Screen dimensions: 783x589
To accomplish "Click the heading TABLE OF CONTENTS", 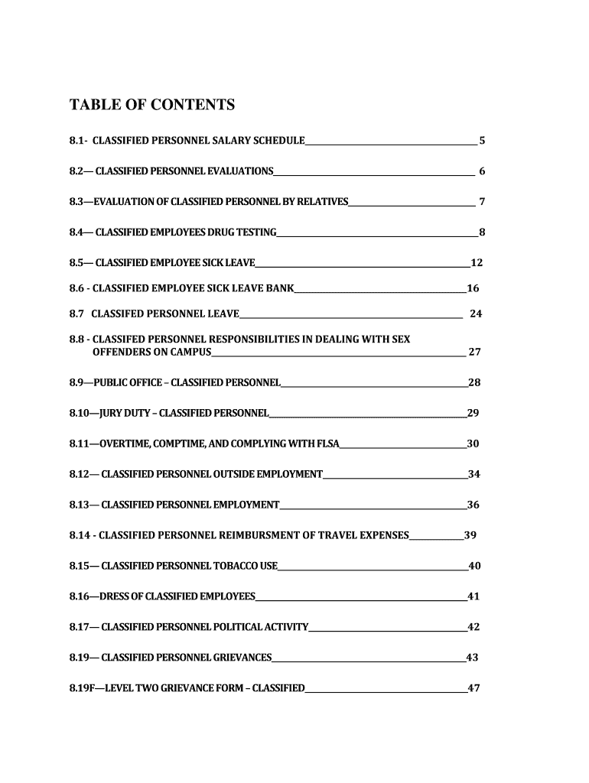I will (152, 104).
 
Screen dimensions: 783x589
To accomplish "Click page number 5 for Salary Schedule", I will (482, 141).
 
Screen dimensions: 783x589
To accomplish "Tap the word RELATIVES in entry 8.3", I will (324, 202).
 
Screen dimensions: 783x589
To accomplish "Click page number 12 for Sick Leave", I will (477, 263).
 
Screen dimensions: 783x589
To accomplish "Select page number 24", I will (476, 314).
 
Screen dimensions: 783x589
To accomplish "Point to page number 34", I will (474, 474).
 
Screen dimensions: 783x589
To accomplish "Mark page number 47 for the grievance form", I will (473, 687).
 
